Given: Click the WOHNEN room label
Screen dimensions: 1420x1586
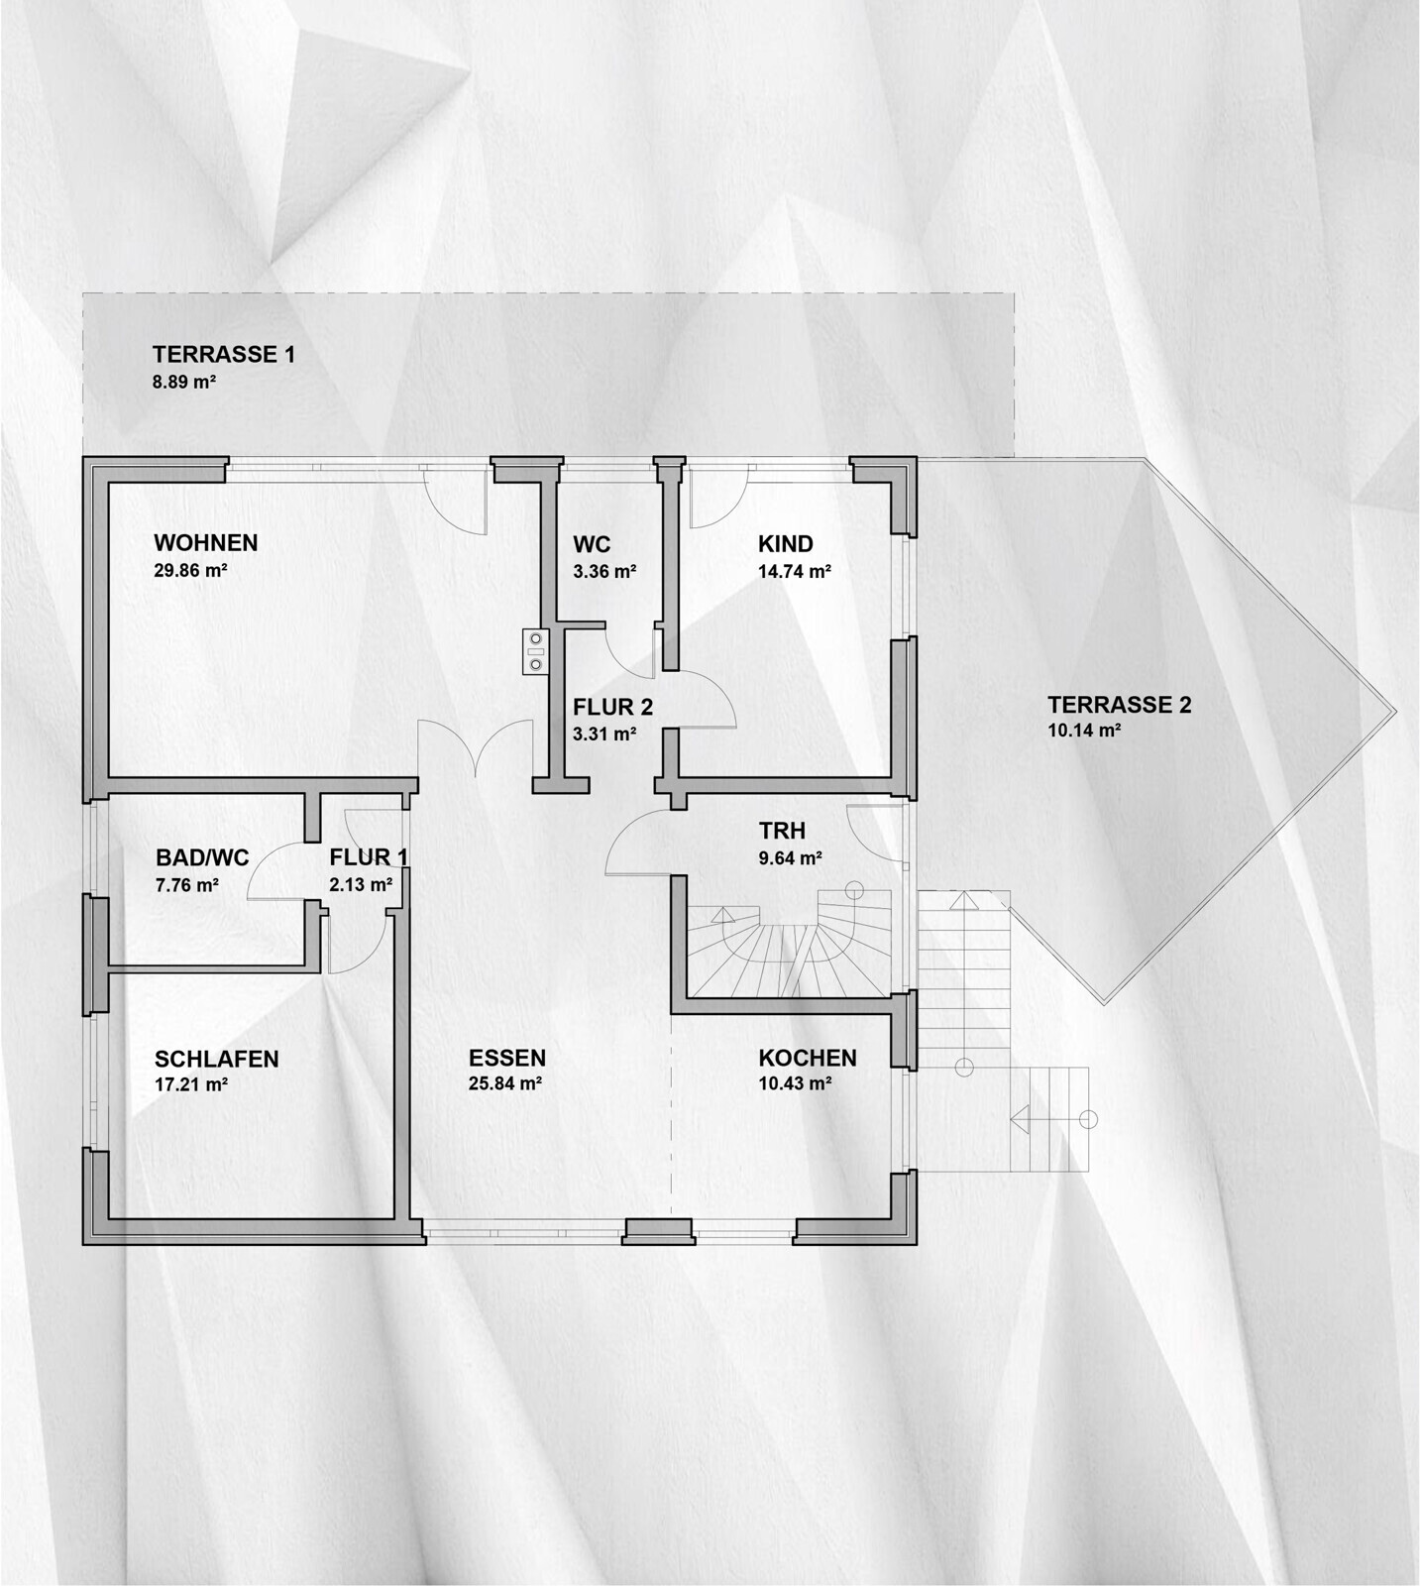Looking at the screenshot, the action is pyautogui.click(x=205, y=543).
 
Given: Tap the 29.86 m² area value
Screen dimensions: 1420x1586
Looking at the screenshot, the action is pyautogui.click(x=191, y=571).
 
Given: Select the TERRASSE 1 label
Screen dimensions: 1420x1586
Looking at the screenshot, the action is pyautogui.click(x=224, y=354).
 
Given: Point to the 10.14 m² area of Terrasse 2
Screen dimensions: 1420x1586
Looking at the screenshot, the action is pyautogui.click(x=1084, y=732).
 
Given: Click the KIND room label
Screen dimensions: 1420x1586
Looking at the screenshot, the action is pyautogui.click(x=786, y=544).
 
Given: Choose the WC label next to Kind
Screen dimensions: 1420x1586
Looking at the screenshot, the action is pyautogui.click(x=592, y=545).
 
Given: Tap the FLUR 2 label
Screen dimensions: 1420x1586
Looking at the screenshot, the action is pyautogui.click(x=612, y=708).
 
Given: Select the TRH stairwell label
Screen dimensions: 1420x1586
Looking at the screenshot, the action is pyautogui.click(x=782, y=831).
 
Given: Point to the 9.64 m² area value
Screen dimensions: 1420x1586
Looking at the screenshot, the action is pyautogui.click(x=790, y=858).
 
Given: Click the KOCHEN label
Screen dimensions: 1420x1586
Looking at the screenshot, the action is pyautogui.click(x=808, y=1058).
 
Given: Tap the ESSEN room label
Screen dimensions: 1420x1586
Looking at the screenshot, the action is pyautogui.click(x=507, y=1058).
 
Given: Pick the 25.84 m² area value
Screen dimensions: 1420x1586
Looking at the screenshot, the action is pyautogui.click(x=505, y=1084).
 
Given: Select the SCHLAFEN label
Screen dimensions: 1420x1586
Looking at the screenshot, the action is pyautogui.click(x=217, y=1059).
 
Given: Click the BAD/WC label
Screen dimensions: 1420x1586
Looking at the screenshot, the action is pyautogui.click(x=202, y=857).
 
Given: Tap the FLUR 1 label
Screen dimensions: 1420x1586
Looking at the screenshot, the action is pyautogui.click(x=369, y=857).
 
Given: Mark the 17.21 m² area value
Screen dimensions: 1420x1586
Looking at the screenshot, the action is pyautogui.click(x=191, y=1084).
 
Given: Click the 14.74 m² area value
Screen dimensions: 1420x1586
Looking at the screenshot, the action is pyautogui.click(x=795, y=571).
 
